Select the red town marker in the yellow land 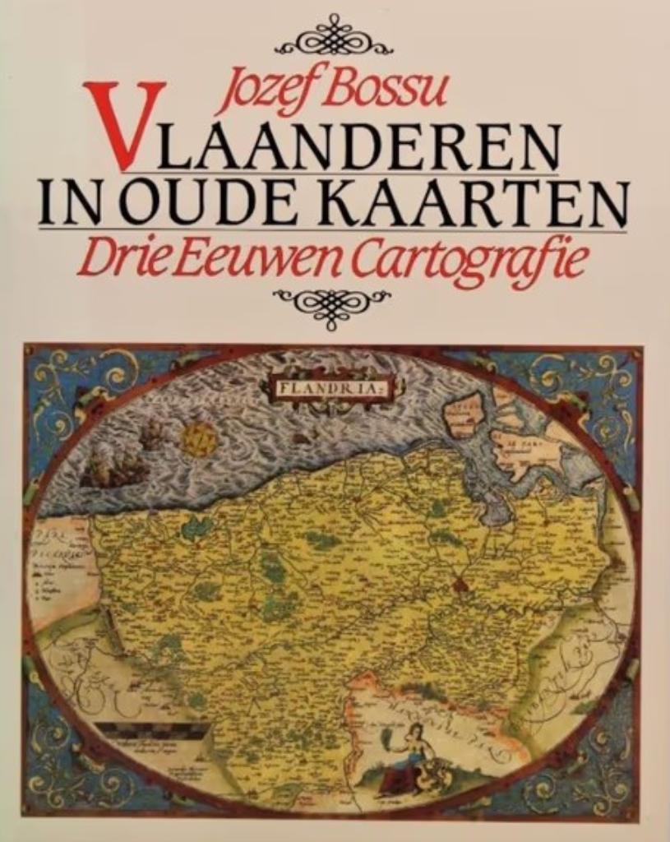tap(457, 586)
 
